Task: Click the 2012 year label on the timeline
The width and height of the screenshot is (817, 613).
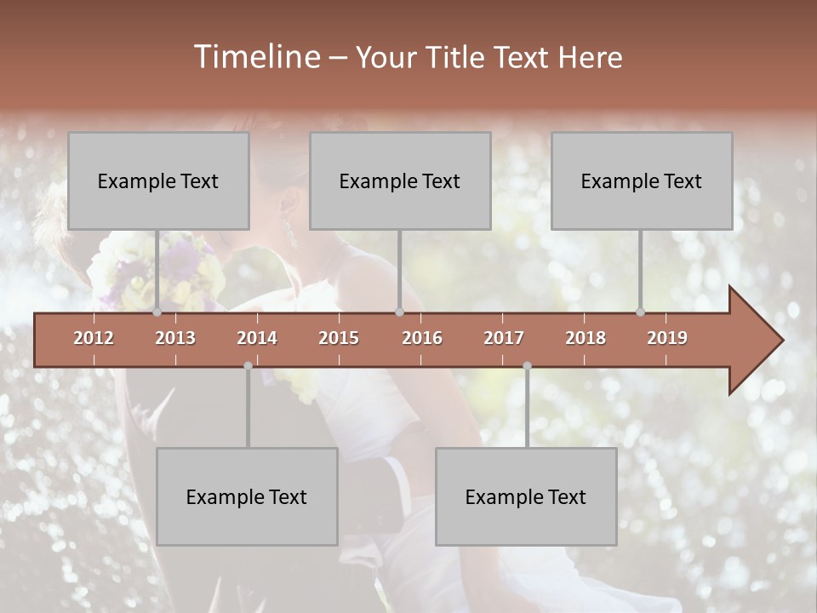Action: pos(94,338)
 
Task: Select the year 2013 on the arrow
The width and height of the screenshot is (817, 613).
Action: pos(175,338)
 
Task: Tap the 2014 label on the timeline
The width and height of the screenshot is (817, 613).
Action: pos(257,338)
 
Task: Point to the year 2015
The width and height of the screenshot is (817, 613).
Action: pos(339,338)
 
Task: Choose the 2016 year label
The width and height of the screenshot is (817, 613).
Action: pos(422,338)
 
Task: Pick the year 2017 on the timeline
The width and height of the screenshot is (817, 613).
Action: pos(504,338)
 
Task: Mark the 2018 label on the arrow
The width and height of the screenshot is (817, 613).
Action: pos(586,338)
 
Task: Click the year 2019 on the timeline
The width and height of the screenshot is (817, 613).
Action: pos(667,338)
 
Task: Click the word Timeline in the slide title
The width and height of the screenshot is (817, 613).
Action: pos(256,57)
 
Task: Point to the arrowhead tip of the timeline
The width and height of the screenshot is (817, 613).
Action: pos(781,341)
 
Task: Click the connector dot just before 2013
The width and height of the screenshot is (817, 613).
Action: pos(157,312)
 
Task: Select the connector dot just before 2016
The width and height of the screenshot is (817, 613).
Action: pos(399,312)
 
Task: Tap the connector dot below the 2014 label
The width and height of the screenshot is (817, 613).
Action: pos(248,366)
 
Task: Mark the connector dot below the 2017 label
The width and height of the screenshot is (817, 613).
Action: pos(527,366)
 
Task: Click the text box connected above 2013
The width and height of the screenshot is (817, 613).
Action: pos(158,180)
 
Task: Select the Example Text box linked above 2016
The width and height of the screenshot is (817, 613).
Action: pos(400,180)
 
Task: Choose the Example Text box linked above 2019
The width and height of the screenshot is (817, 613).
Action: pos(642,180)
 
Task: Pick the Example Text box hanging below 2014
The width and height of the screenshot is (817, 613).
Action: pos(247,496)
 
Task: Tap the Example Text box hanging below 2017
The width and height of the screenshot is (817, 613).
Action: pos(526,496)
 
